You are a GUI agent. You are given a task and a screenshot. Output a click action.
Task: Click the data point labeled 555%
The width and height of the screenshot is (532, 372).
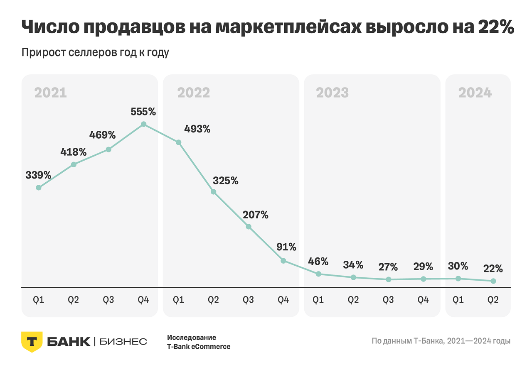[143, 124]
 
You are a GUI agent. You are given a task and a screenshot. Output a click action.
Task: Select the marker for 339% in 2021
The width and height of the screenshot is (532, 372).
[39, 188]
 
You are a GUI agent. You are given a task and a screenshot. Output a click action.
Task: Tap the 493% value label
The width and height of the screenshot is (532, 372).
[197, 129]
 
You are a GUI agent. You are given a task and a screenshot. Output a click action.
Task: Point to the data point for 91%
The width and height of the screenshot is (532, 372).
[283, 261]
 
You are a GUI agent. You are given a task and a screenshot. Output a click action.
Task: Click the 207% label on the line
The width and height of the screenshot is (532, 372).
[256, 215]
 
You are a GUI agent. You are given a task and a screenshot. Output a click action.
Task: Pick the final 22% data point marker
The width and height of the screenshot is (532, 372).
[493, 281]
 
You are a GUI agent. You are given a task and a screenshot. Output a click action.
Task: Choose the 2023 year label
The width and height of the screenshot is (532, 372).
[332, 93]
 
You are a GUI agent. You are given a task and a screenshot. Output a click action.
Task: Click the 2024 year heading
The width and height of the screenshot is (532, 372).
[475, 93]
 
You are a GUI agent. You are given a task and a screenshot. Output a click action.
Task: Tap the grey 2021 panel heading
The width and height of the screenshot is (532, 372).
[50, 93]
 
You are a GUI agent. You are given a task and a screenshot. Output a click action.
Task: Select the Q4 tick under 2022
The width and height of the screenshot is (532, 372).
[283, 300]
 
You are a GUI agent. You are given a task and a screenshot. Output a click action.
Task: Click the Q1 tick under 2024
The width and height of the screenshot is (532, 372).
[458, 300]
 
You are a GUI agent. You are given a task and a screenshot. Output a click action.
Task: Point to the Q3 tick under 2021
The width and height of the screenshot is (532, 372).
[108, 300]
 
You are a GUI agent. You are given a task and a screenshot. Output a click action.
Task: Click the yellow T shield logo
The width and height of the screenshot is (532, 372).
[32, 342]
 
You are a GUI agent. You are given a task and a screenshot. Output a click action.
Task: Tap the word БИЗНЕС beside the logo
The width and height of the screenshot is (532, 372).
[123, 342]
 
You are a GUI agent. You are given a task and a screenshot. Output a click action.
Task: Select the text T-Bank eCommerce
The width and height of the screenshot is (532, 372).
[199, 347]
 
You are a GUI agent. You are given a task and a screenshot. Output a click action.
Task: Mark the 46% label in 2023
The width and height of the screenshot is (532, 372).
[318, 262]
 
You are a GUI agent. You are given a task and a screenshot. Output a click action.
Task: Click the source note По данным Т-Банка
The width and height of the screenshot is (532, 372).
[441, 341]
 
